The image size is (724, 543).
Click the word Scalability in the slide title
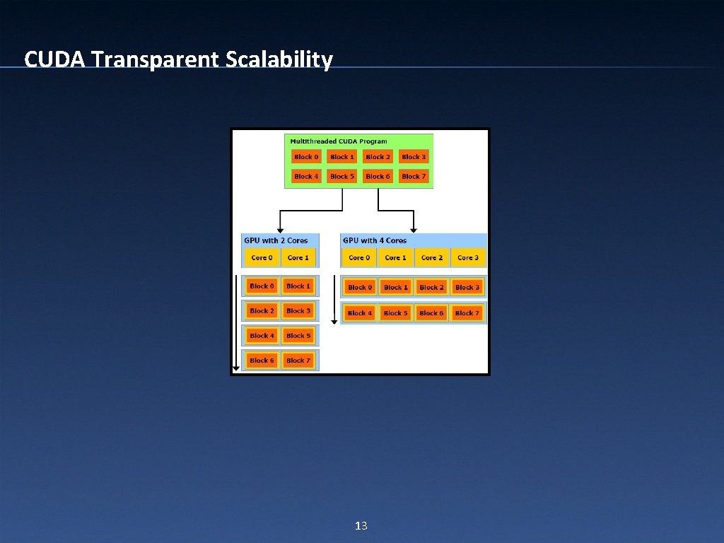pos(279,59)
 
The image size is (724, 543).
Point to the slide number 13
pos(361,525)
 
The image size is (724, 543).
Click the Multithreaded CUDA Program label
pos(339,141)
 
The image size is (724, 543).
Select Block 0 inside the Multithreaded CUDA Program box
pos(306,157)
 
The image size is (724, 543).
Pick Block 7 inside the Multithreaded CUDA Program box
pos(414,176)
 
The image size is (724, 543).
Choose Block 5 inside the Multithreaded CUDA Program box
pos(342,176)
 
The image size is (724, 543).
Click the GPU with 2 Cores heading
pos(276,240)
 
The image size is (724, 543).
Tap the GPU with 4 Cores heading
pos(375,240)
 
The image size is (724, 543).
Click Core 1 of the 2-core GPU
pos(298,258)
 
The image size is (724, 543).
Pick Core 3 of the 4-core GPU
pos(467,258)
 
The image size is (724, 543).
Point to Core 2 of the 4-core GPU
pos(431,258)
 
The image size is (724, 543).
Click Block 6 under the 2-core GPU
pos(262,361)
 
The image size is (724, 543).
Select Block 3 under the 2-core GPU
pos(298,311)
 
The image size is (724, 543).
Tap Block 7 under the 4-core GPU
pos(467,313)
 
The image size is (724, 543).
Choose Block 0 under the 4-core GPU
pos(360,288)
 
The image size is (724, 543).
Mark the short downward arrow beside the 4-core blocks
pos(335,297)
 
